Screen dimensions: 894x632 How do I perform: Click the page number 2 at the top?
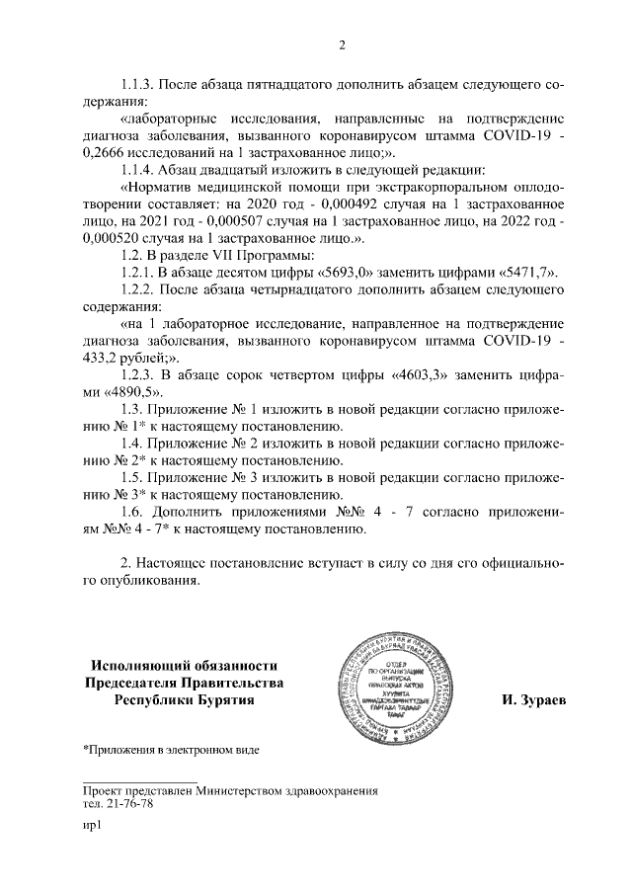coord(342,44)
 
